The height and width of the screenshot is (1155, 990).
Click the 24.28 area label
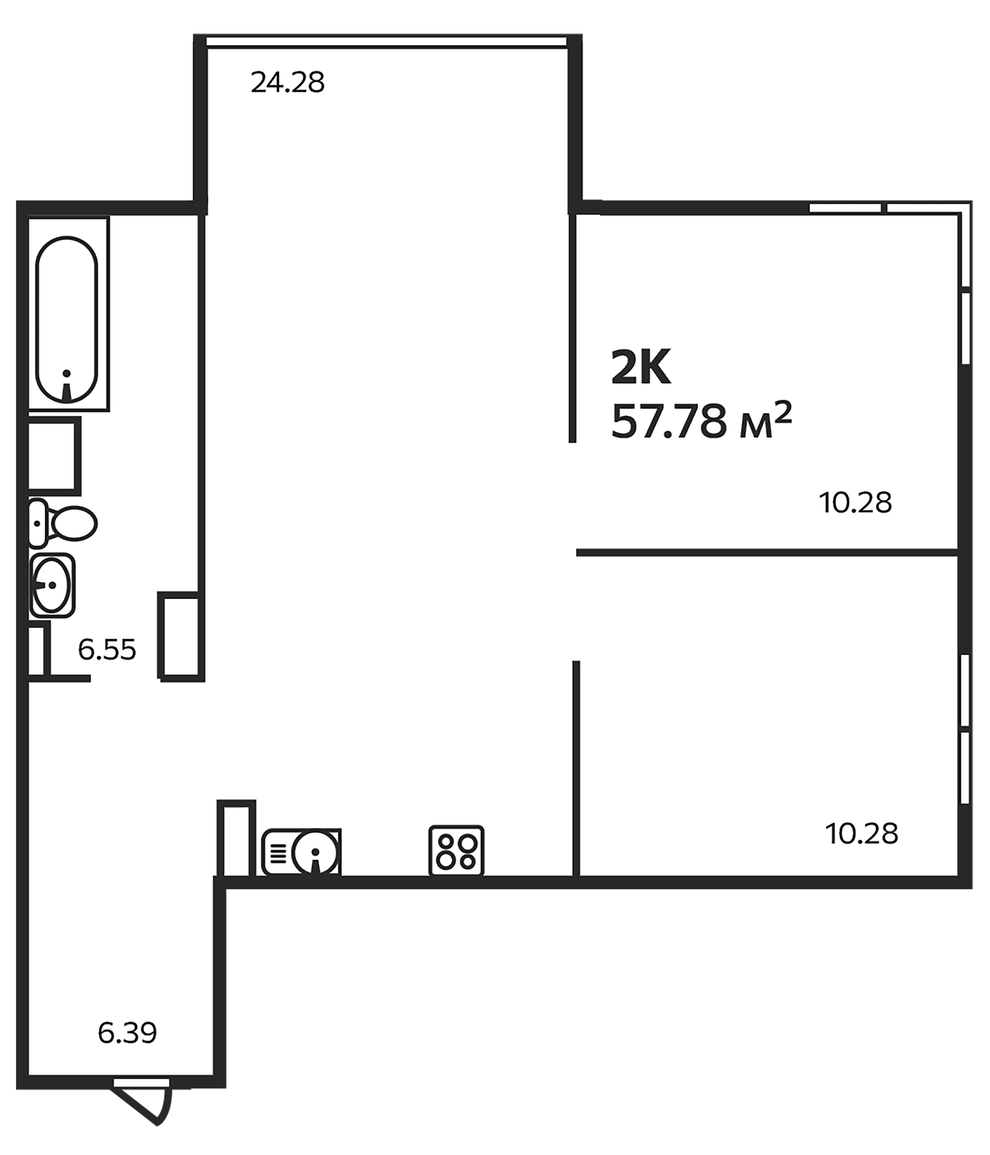(x=287, y=83)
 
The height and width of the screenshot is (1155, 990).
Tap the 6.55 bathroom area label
(x=107, y=650)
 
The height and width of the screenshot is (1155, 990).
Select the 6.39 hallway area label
(x=127, y=1033)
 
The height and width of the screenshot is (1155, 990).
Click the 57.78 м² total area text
(x=701, y=422)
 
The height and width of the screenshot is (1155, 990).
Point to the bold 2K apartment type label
(x=641, y=368)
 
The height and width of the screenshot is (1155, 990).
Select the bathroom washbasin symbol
(x=52, y=585)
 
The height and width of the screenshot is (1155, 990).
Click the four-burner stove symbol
(x=456, y=851)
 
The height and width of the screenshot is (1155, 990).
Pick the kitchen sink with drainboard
(x=301, y=851)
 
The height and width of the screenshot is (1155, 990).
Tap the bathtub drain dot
(x=67, y=373)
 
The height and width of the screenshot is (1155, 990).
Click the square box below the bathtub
(x=53, y=455)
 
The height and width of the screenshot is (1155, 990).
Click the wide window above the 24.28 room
(x=387, y=41)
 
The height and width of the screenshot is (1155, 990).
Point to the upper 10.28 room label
(x=855, y=502)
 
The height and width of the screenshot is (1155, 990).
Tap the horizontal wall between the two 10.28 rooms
(x=767, y=552)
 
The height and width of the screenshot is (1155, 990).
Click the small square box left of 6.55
(x=37, y=651)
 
